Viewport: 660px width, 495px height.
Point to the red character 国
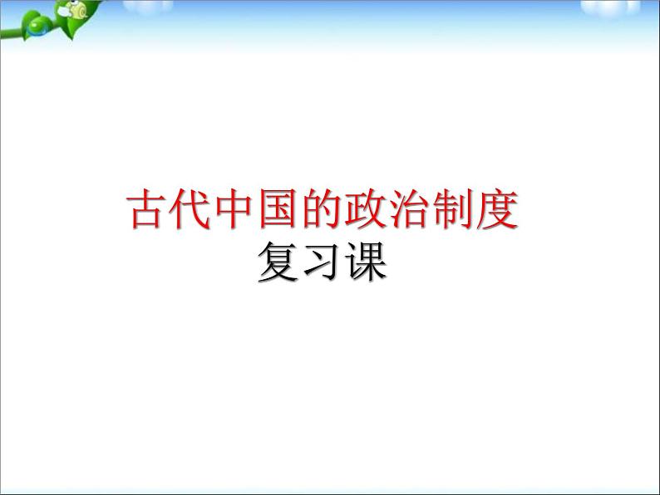click(278, 209)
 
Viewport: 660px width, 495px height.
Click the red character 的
click(322, 209)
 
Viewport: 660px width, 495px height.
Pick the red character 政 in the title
click(365, 209)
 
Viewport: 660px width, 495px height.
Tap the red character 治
click(409, 209)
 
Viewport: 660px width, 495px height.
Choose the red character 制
click(452, 209)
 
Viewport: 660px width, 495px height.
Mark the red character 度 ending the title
click(497, 209)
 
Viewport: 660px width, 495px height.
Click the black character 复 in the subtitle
click(278, 261)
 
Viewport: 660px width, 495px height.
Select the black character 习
click(322, 261)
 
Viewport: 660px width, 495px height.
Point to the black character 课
click(366, 261)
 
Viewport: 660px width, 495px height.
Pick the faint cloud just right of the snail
click(148, 6)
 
